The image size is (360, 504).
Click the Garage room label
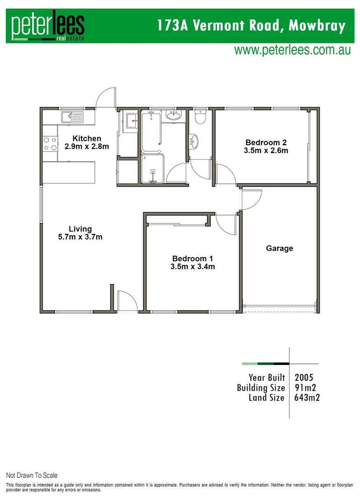pyautogui.click(x=279, y=248)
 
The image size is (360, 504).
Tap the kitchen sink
pyautogui.click(x=71, y=116)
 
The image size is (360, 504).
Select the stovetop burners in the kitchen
pyautogui.click(x=50, y=144)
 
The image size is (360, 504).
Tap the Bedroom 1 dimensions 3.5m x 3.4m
pyautogui.click(x=193, y=267)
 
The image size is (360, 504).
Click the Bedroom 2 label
pyautogui.click(x=266, y=142)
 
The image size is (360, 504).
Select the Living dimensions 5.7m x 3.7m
pyautogui.click(x=80, y=237)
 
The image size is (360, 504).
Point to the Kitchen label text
pyautogui.click(x=86, y=138)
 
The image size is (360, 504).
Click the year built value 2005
pyautogui.click(x=304, y=377)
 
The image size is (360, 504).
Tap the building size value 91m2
pyautogui.click(x=306, y=387)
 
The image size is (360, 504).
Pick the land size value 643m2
pyautogui.click(x=307, y=398)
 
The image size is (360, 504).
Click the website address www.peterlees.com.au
pyautogui.click(x=292, y=50)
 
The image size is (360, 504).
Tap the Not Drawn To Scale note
pyautogui.click(x=32, y=476)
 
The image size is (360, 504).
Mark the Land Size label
pyautogui.click(x=267, y=398)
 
